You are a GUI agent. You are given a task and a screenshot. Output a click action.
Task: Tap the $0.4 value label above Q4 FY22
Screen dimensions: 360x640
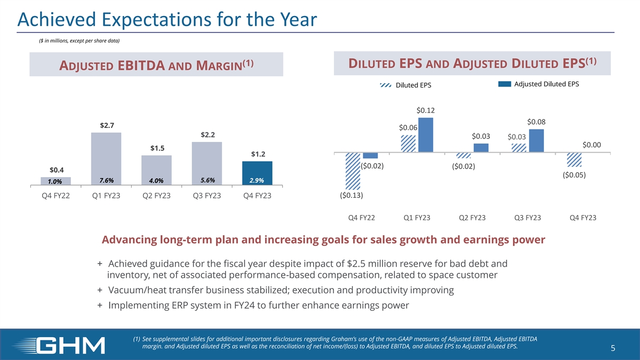(57, 170)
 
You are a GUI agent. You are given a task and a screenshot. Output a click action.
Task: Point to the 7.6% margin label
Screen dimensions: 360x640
(107, 180)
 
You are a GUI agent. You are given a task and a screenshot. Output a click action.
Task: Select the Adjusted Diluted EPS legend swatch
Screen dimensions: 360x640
(505, 84)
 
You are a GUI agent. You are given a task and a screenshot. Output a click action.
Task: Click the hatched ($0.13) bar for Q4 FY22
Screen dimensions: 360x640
(353, 171)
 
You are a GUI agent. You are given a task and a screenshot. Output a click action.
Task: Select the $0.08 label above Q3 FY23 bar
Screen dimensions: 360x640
(537, 122)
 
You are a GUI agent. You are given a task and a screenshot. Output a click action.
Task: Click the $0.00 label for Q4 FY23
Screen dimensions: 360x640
(591, 144)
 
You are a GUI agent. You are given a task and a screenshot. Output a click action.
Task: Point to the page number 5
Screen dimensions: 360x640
(613, 349)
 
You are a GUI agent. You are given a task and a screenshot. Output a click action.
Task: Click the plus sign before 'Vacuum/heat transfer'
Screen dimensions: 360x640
(100, 290)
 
